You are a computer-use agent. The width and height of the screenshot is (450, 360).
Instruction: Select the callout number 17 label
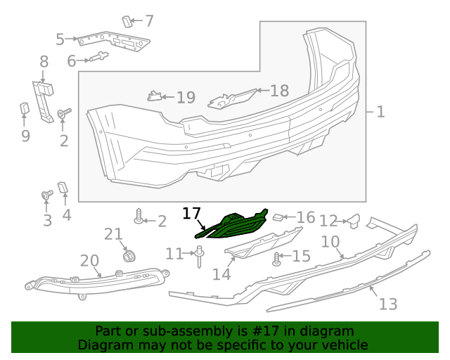click(x=191, y=212)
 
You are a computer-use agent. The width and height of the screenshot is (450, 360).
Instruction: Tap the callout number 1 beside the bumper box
click(x=380, y=111)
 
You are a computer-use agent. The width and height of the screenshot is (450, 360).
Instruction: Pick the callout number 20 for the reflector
click(x=89, y=261)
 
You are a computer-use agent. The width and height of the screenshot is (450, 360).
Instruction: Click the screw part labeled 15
click(x=276, y=259)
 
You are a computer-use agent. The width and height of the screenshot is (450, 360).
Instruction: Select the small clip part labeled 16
click(x=278, y=218)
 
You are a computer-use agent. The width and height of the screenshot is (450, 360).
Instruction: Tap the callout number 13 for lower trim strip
click(x=388, y=304)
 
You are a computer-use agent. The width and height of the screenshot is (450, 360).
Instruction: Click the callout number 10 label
click(x=330, y=243)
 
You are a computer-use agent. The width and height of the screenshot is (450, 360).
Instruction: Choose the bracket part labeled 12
click(x=354, y=222)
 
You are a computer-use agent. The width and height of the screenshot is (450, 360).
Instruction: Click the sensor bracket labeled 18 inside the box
click(x=232, y=99)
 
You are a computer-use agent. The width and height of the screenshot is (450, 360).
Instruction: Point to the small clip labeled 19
click(x=154, y=96)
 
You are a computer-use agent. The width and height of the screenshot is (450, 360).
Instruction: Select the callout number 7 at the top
click(x=149, y=21)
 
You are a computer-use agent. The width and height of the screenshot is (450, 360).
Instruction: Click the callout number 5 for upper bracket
click(x=60, y=39)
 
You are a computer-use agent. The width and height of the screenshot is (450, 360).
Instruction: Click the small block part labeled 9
click(x=23, y=108)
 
